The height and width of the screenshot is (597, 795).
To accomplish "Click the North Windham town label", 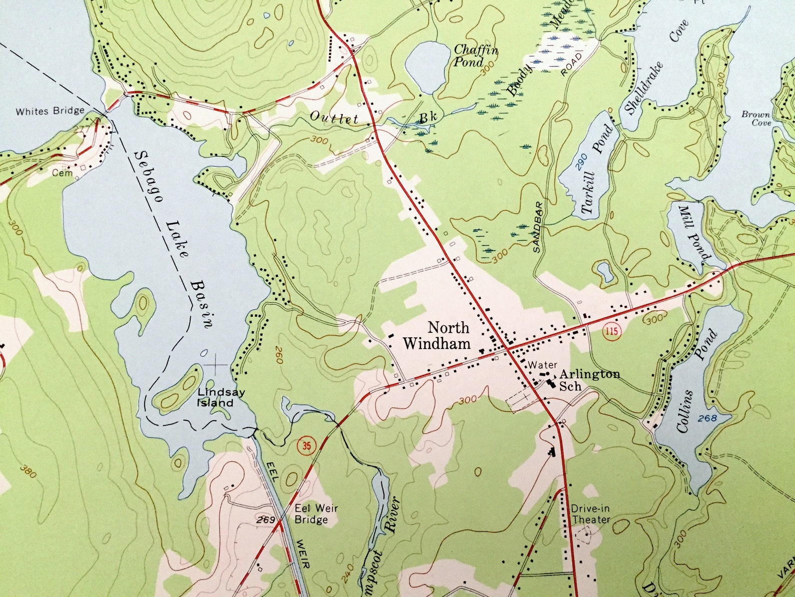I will (x=437, y=335).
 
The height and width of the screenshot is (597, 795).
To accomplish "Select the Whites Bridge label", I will (x=50, y=111).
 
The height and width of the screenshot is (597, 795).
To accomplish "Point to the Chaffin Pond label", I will (x=475, y=56).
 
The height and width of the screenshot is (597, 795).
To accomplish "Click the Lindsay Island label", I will (x=215, y=398).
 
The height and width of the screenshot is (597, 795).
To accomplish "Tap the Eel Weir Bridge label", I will (x=316, y=514).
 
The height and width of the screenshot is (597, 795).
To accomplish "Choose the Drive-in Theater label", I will (x=591, y=514).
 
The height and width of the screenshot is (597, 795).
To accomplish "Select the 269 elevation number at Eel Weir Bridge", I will (x=265, y=520).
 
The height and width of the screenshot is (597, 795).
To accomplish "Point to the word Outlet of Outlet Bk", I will (x=334, y=118).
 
